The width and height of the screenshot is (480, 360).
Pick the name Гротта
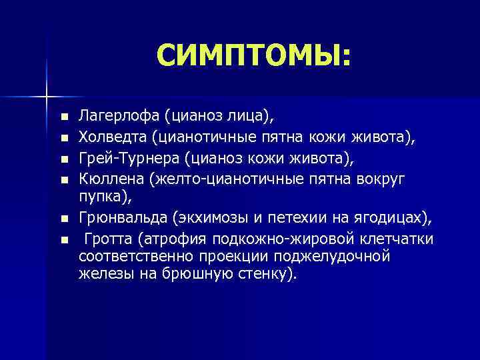[107, 238]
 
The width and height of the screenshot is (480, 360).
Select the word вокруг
[385, 179]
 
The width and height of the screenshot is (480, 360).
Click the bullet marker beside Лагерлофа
[64, 118]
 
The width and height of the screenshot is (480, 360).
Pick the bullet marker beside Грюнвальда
[64, 218]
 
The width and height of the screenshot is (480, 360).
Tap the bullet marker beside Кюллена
[64, 179]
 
